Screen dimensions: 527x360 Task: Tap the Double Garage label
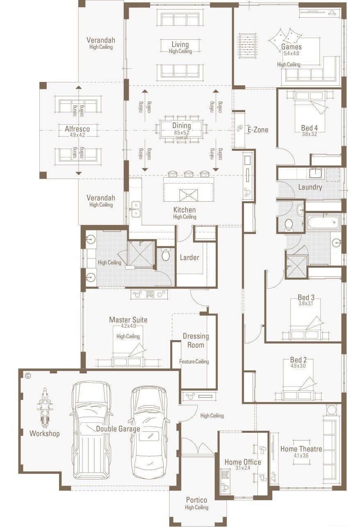click(x=118, y=429)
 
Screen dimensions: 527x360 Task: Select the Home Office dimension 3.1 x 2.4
click(x=242, y=468)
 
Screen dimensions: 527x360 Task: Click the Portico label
click(x=196, y=500)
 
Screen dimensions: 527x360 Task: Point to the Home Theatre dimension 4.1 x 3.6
click(x=301, y=455)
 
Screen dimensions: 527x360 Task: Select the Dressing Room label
click(x=196, y=341)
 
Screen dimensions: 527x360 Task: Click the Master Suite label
click(x=128, y=320)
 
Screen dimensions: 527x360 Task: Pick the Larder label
click(x=189, y=257)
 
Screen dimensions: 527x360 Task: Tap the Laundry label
click(x=310, y=187)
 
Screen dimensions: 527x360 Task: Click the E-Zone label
click(x=257, y=130)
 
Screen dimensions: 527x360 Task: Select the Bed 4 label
click(x=310, y=127)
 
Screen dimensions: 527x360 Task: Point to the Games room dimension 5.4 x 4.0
click(x=292, y=53)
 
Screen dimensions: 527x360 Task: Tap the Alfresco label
click(x=77, y=129)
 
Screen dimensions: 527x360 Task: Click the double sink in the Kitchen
click(x=135, y=209)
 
